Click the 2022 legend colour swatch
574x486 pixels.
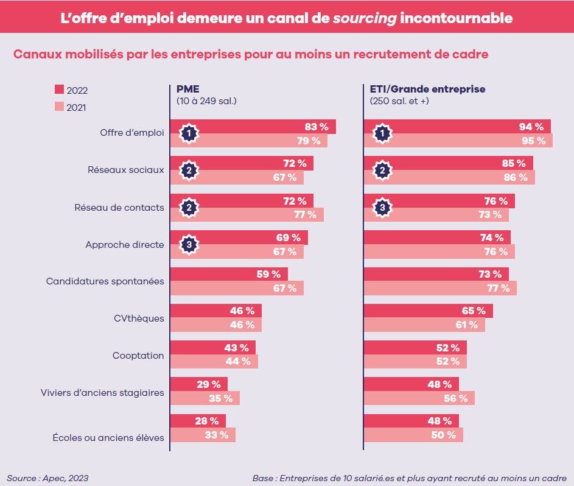click(59, 90)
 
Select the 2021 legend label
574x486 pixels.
click(77, 107)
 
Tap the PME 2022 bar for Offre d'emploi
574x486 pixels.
click(253, 127)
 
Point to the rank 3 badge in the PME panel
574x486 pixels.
click(189, 244)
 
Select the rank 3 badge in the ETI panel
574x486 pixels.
click(382, 208)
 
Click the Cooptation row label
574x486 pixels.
click(138, 355)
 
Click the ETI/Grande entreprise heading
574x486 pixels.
click(427, 89)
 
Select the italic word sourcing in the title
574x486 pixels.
click(364, 18)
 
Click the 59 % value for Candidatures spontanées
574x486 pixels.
click(268, 274)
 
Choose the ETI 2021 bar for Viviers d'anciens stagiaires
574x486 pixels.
click(419, 398)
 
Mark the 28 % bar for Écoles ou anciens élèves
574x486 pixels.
click(197, 421)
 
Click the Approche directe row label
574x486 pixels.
click(125, 245)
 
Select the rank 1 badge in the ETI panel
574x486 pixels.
click(382, 133)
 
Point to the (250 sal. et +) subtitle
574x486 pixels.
click(399, 101)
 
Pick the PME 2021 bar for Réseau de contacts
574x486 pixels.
click(247, 214)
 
